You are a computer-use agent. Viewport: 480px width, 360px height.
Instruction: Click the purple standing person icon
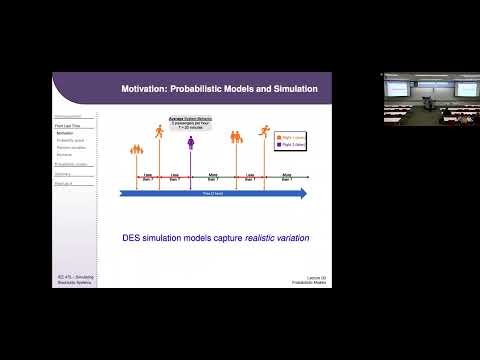tap(190, 145)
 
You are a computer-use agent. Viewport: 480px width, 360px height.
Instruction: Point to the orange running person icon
tap(265, 131)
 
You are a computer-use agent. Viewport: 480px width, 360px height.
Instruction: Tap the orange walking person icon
tap(159, 131)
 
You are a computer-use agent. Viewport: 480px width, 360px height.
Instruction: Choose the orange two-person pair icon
tap(236, 139)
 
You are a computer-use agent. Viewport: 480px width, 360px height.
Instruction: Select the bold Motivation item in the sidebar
tap(65, 133)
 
